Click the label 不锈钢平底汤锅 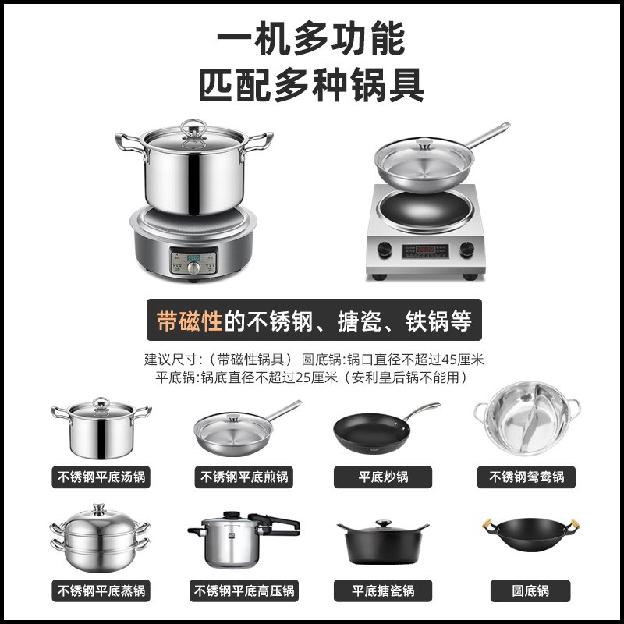(101, 477)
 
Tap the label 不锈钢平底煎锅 (244, 477)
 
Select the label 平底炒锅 (383, 477)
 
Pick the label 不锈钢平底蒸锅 (101, 590)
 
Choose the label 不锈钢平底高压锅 (244, 590)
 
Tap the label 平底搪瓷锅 (383, 590)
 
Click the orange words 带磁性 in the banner (190, 321)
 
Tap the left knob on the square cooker (384, 250)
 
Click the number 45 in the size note (450, 360)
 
